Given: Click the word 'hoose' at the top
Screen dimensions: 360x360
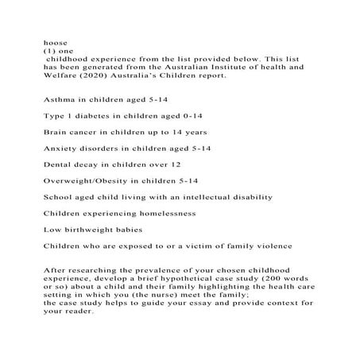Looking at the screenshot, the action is coord(53,37).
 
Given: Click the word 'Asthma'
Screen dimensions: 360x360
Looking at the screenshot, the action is coord(59,103).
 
